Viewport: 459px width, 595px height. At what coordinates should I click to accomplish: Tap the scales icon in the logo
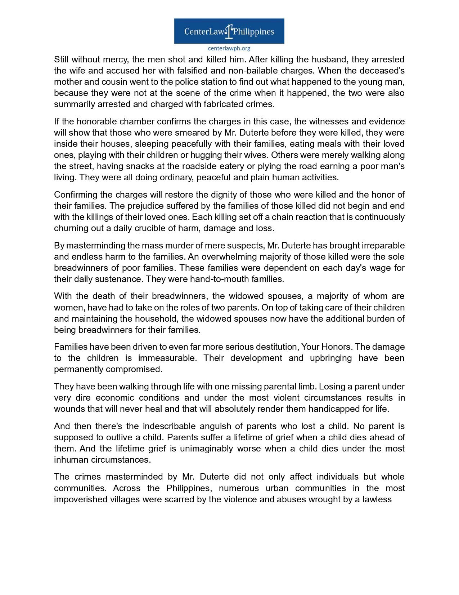click(x=229, y=31)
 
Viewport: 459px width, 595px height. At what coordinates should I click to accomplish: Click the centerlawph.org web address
click(x=229, y=48)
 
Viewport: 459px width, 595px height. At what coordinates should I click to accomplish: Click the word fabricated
click(x=223, y=104)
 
